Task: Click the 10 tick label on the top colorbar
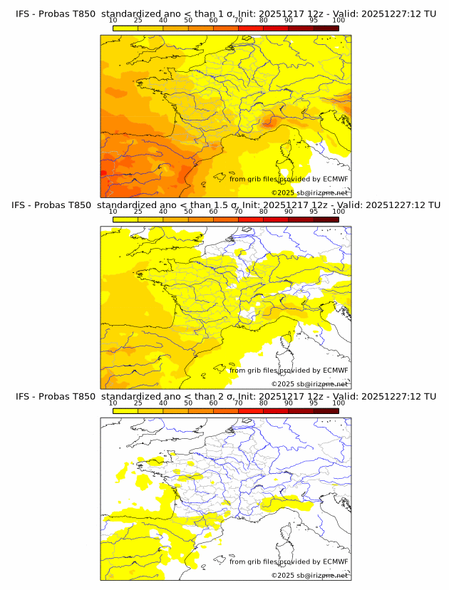coord(113,21)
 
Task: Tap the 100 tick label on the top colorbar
coord(339,21)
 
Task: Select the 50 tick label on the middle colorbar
coord(188,212)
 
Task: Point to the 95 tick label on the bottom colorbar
coord(314,403)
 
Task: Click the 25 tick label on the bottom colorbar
coord(138,403)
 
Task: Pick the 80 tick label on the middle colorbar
coord(264,212)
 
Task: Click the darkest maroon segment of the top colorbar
coord(326,28)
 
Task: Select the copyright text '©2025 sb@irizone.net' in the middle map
coord(310,384)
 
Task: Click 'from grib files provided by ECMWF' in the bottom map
coord(289,561)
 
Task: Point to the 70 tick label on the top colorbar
coord(238,21)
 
